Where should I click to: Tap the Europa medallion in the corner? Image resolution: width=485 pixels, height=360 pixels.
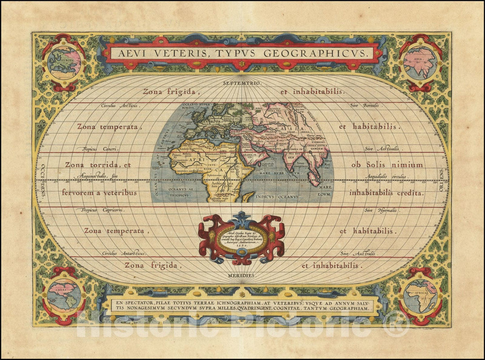(x=64, y=62)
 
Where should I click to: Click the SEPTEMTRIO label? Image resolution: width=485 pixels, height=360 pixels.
(x=242, y=83)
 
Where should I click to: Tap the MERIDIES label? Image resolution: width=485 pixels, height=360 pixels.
(x=242, y=275)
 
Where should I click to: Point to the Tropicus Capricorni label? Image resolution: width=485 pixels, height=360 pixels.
(x=103, y=210)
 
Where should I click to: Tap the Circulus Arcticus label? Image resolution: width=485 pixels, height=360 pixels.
(x=120, y=106)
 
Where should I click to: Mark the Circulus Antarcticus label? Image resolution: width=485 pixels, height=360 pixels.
(x=123, y=254)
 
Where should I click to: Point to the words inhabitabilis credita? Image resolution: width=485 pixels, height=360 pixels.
(x=386, y=193)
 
